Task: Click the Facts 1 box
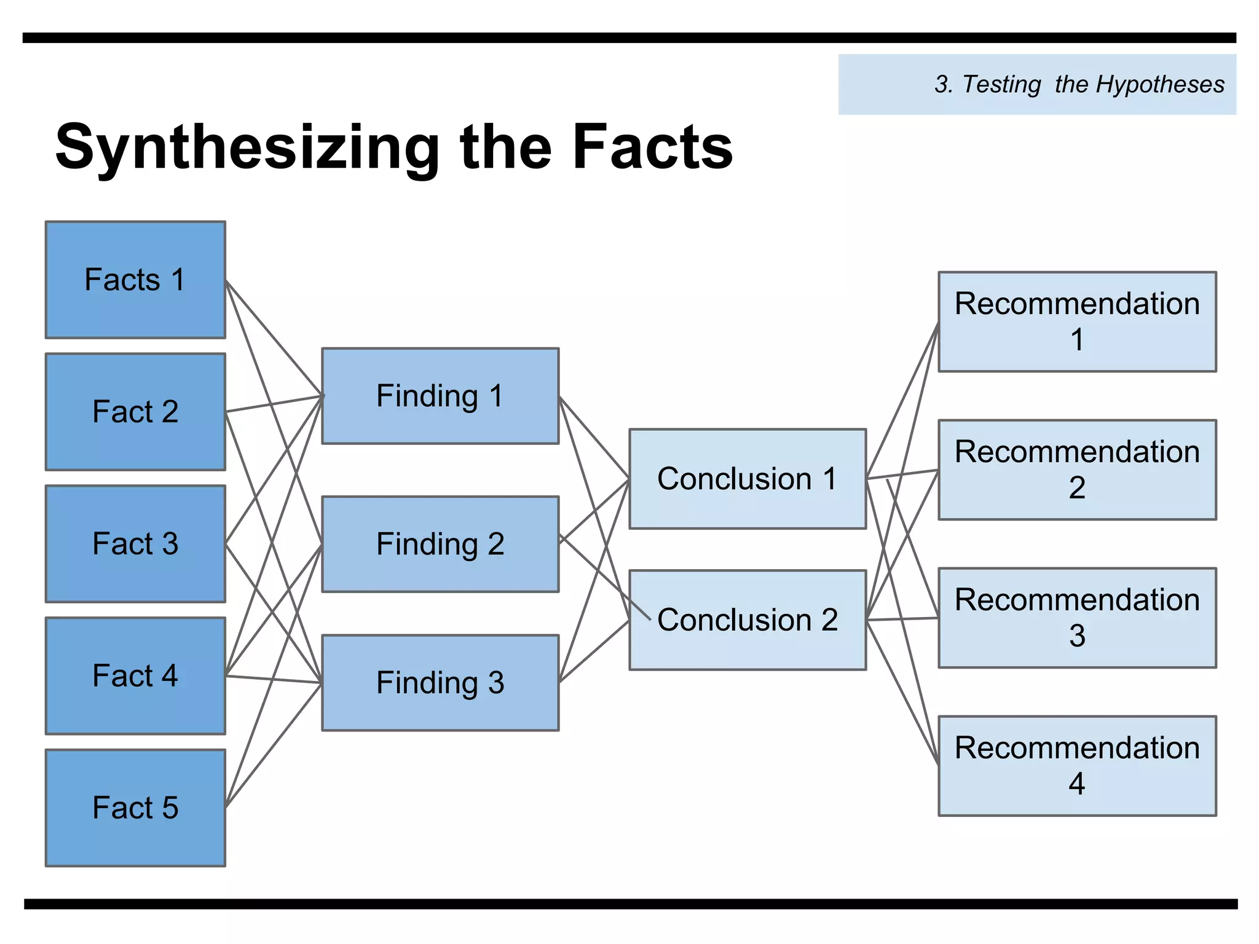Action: click(135, 280)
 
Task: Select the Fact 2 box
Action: click(135, 412)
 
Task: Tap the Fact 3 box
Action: click(135, 544)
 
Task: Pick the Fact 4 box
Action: click(135, 676)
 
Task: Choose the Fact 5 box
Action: click(135, 808)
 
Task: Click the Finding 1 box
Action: click(440, 396)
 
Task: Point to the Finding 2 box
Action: click(440, 544)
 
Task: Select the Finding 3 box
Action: click(440, 683)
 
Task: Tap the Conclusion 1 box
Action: click(748, 479)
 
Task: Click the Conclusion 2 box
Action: click(748, 619)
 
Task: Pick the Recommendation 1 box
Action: click(1077, 321)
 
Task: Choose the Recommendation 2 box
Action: click(1077, 470)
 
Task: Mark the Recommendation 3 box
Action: click(1077, 618)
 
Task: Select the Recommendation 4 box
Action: click(1077, 766)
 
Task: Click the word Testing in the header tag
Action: click(1002, 84)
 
